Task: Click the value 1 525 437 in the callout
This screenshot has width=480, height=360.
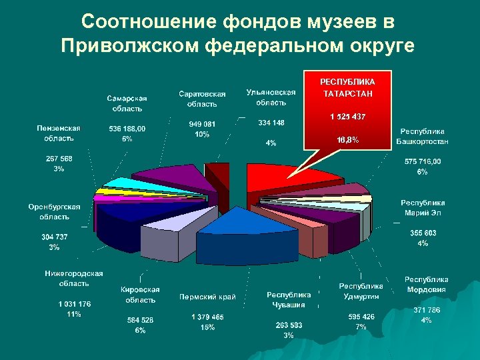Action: pyautogui.click(x=347, y=117)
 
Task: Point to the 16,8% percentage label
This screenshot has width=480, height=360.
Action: pyautogui.click(x=347, y=140)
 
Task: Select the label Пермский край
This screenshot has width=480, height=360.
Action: pyautogui.click(x=208, y=297)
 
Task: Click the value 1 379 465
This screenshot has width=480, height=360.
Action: pyautogui.click(x=207, y=317)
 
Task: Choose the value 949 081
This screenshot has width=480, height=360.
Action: pyautogui.click(x=202, y=124)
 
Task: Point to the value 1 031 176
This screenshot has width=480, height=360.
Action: pyautogui.click(x=74, y=304)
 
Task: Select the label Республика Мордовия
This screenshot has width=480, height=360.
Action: pyautogui.click(x=427, y=284)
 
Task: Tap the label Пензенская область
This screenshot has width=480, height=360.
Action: pyautogui.click(x=59, y=133)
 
